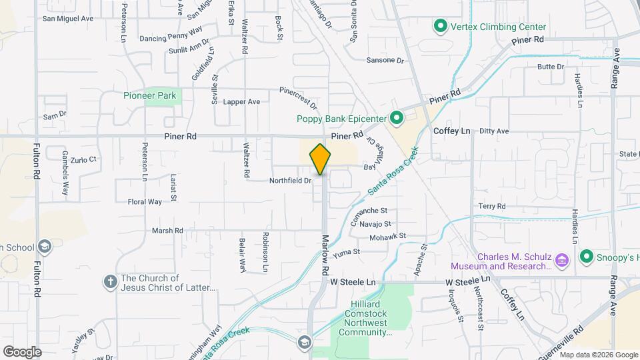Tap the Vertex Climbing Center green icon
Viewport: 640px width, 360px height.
tap(440, 27)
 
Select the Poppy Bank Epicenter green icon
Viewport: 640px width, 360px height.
tap(397, 119)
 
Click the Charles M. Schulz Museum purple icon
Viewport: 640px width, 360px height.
tap(561, 259)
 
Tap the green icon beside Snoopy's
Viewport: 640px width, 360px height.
tap(587, 256)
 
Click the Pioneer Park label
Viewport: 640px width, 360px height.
tap(150, 95)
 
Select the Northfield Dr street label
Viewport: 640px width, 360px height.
tap(291, 181)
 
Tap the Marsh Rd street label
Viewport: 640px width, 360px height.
tap(167, 231)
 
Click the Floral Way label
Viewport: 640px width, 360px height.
tap(145, 201)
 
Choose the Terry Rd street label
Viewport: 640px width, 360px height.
tap(492, 207)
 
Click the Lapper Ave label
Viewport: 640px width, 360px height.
tap(242, 102)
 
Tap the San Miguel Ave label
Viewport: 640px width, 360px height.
tap(68, 19)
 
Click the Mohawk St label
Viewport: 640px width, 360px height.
tap(387, 237)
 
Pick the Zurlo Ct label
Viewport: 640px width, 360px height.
tap(84, 160)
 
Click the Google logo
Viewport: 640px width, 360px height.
tap(22, 351)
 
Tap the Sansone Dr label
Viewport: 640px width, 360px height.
tap(385, 60)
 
